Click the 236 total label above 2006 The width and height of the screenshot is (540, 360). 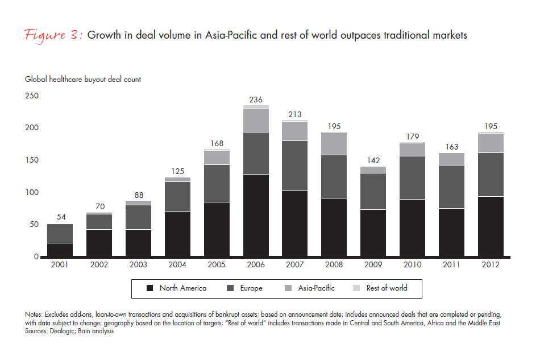[256, 99]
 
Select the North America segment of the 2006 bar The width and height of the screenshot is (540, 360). [256, 216]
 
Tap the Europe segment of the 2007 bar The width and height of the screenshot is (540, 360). [295, 165]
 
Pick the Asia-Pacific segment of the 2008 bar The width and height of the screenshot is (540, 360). [334, 143]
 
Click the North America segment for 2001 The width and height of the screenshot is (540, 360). [59, 250]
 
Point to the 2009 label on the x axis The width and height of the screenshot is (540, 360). [373, 265]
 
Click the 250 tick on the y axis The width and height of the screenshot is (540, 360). [32, 96]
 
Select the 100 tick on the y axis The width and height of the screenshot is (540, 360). [32, 192]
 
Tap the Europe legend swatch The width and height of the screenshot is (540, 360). [229, 288]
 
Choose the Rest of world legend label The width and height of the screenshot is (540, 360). [387, 288]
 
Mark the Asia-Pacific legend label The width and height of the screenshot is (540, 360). [316, 288]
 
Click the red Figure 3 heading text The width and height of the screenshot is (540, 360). [55, 35]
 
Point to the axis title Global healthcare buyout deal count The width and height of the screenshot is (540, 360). [83, 80]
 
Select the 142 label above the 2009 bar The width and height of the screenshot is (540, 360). [373, 160]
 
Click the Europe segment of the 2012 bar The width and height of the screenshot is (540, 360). [490, 175]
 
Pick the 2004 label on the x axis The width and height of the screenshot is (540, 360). [177, 265]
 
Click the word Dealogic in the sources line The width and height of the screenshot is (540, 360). [67, 332]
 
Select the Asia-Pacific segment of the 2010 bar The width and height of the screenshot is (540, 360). [412, 150]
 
